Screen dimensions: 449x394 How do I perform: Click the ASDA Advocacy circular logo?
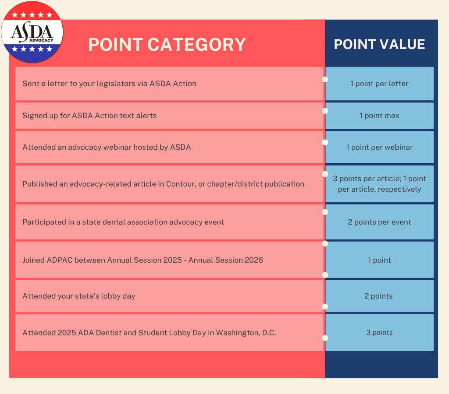(32, 32)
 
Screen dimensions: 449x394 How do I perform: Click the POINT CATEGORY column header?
(167, 45)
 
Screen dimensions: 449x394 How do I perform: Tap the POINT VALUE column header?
(379, 44)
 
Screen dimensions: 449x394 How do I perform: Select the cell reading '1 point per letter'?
(379, 84)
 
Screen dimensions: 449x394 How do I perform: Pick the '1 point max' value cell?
(379, 116)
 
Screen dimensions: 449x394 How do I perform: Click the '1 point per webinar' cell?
(379, 147)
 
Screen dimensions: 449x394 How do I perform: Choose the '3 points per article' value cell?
(379, 184)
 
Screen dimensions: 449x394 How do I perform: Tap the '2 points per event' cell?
(379, 222)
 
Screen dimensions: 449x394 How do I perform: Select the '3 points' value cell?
(379, 333)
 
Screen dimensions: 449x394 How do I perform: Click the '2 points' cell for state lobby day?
(379, 296)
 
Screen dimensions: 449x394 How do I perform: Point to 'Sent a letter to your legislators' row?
(109, 84)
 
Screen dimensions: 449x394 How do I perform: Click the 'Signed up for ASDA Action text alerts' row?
(89, 116)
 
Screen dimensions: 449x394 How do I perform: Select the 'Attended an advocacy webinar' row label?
(107, 147)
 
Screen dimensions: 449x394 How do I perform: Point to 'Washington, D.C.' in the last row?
(246, 333)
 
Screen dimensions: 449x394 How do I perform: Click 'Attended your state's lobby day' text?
(79, 296)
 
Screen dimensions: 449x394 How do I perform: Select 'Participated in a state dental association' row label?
(123, 222)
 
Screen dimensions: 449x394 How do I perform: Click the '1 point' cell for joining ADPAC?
(379, 260)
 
